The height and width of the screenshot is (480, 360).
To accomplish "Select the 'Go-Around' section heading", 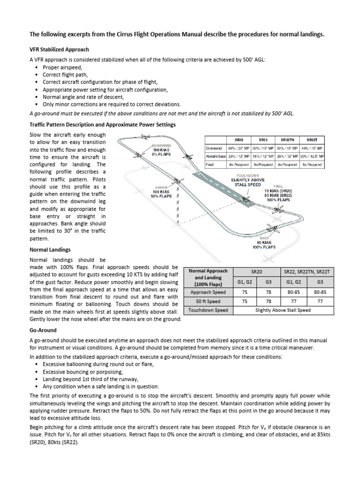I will click(x=43, y=330).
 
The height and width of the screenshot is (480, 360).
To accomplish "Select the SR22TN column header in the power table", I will click(x=287, y=140).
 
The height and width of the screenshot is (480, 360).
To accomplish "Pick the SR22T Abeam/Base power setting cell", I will click(x=312, y=156).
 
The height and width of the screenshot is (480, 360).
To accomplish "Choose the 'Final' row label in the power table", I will click(x=210, y=165).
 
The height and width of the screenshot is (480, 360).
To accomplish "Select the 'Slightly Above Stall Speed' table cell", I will click(x=282, y=310).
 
